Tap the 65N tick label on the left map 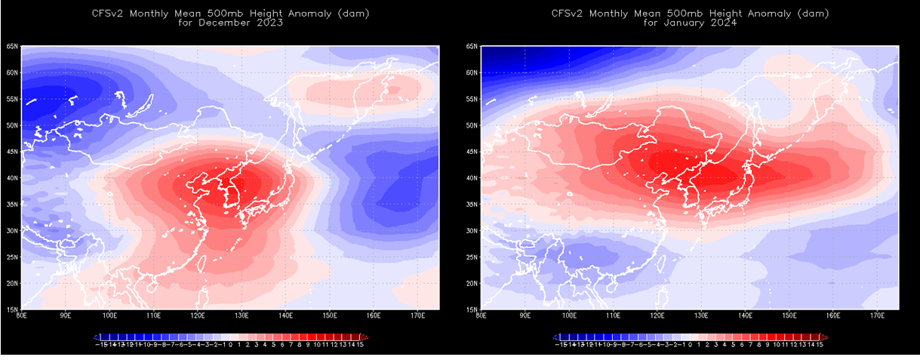click(x=13, y=47)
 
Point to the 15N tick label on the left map click(x=13, y=309)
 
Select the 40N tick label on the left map click(x=13, y=178)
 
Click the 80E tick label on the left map click(x=23, y=315)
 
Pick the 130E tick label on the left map click(x=242, y=315)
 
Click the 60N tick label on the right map click(x=473, y=73)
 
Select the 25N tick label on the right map click(x=473, y=257)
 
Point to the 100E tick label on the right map click(x=569, y=315)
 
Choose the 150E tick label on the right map click(x=789, y=315)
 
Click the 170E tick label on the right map click(x=877, y=315)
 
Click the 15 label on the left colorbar click(x=361, y=344)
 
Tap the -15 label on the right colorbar click(x=561, y=344)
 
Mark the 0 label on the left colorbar click(x=230, y=344)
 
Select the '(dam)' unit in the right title click(x=815, y=13)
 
